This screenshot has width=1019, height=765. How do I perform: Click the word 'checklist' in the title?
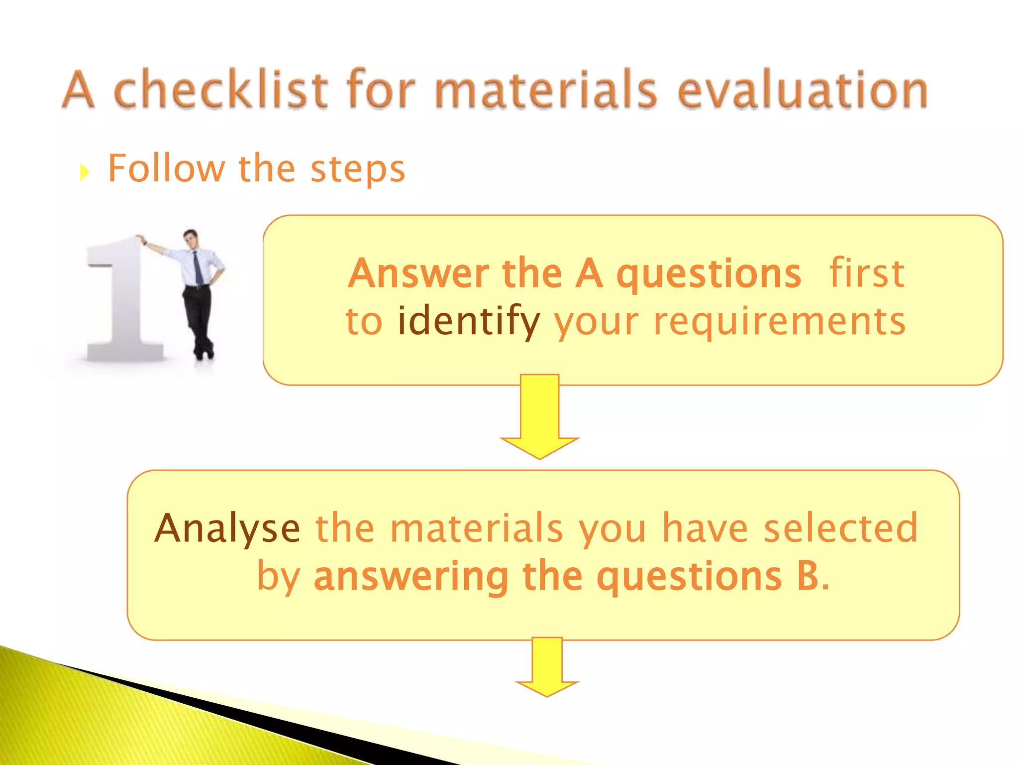click(221, 90)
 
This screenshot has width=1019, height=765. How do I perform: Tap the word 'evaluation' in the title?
click(803, 90)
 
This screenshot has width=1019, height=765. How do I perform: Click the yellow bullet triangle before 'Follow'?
click(85, 172)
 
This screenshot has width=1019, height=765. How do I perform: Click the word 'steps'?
click(358, 169)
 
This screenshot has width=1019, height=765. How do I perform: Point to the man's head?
click(191, 239)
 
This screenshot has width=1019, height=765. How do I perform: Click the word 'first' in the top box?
click(867, 273)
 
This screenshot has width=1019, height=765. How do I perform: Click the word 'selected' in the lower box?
click(841, 528)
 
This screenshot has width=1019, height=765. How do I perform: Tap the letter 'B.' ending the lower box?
click(813, 576)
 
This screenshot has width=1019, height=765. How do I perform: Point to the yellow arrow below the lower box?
click(547, 667)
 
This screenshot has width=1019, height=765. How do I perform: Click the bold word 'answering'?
click(411, 577)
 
